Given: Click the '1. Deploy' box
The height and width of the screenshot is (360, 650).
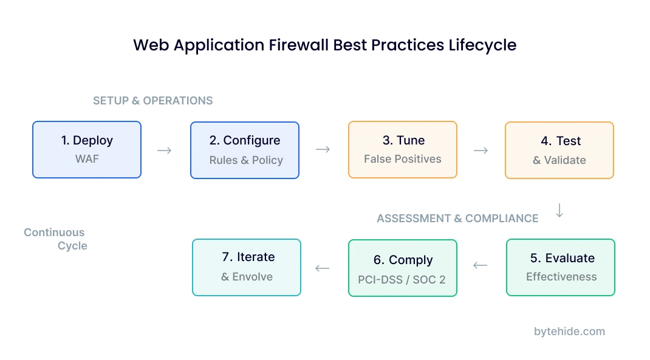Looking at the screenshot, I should point(87,149).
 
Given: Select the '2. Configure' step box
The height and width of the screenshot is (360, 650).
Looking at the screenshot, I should point(245,150).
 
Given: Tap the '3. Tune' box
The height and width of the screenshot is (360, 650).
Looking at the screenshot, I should point(402,149).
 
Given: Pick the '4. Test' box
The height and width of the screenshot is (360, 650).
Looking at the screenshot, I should point(559,150).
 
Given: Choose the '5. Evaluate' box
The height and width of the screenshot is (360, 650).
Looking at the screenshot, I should point(561,267).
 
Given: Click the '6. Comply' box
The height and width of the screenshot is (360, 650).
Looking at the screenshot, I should point(402,268).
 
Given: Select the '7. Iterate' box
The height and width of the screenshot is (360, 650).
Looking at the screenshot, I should point(247,267).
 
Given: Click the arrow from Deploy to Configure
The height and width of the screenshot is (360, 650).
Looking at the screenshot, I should point(165,150).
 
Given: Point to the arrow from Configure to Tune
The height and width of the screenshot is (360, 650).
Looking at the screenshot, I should point(323,149).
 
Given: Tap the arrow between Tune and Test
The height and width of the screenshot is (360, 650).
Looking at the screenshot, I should point(481,150).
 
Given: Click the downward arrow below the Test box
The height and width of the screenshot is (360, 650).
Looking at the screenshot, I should point(559,210).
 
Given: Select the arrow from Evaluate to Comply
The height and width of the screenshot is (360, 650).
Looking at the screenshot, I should point(481,265).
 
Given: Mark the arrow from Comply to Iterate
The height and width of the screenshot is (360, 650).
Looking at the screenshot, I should point(323,268).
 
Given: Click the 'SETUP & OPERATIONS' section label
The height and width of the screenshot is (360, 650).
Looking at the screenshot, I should point(153,101).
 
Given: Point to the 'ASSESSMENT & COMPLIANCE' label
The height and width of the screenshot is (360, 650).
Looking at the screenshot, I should point(457,219).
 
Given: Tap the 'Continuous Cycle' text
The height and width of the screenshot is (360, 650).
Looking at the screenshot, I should point(55,239).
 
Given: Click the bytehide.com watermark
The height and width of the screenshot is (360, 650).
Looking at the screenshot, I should point(569,331).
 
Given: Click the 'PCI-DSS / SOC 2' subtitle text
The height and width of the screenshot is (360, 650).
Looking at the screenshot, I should point(402,280).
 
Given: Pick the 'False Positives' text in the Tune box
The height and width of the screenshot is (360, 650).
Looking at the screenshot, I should point(402,159).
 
